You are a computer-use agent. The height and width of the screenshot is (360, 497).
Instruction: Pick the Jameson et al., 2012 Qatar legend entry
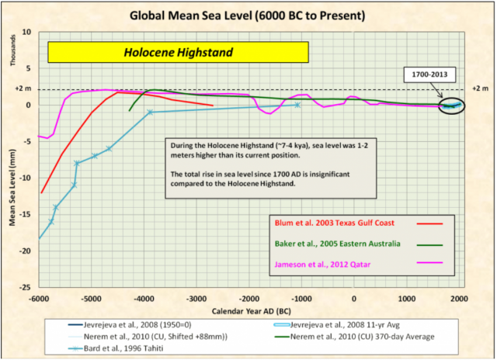click(325, 265)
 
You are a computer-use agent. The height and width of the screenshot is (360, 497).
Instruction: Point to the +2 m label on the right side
click(481, 89)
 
